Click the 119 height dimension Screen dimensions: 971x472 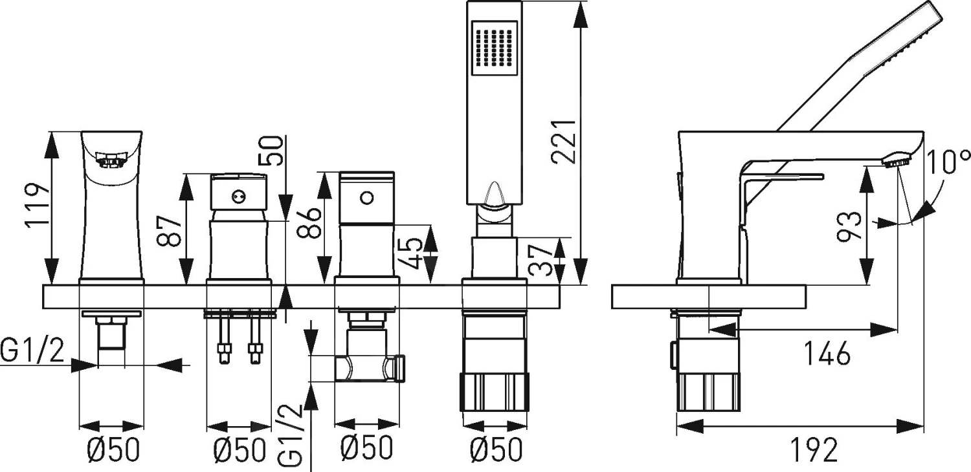38,205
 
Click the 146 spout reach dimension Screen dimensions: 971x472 827,353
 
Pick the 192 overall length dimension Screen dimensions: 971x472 814,450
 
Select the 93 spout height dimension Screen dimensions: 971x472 848,226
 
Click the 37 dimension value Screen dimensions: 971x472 541,261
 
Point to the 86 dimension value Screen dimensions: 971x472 309,222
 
